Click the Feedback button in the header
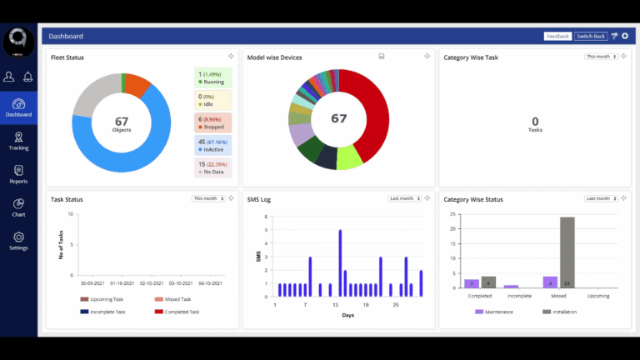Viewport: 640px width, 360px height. tap(557, 37)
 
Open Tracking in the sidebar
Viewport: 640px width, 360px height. tap(18, 141)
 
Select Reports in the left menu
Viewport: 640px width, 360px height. tap(18, 174)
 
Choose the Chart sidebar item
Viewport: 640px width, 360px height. tap(18, 207)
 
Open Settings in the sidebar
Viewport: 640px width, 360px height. tap(18, 241)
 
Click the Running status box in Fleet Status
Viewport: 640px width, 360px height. tap(212, 77)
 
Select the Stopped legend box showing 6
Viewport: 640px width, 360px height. tap(212, 122)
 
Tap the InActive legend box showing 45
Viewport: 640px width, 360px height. tap(212, 145)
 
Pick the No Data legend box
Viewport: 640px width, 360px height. tap(212, 167)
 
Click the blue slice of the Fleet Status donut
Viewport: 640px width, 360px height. tap(150, 154)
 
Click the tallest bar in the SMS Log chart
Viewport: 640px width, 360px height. tap(340, 262)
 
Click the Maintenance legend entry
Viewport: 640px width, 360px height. tap(496, 312)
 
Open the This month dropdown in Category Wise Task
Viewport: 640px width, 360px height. tap(601, 57)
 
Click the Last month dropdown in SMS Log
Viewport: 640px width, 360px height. tap(404, 198)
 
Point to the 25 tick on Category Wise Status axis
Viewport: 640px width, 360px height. tap(452, 213)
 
